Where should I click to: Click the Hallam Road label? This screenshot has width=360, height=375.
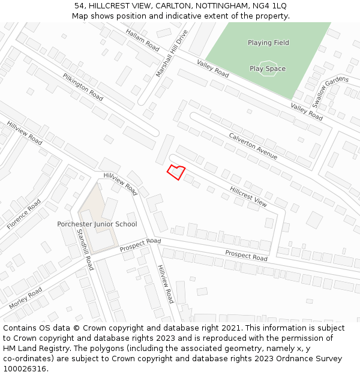tap(143, 40)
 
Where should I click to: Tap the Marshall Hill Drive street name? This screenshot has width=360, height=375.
tap(172, 53)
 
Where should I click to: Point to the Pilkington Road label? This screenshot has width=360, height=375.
tap(83, 87)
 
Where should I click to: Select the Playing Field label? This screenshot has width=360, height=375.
tap(268, 43)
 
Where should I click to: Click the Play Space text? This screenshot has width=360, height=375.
tap(268, 68)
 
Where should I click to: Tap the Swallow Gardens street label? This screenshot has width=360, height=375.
tap(329, 92)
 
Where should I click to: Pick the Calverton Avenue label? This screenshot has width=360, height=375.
tap(253, 146)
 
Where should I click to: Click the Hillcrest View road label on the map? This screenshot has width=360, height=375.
tap(248, 196)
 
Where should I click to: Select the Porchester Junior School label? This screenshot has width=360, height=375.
tap(97, 224)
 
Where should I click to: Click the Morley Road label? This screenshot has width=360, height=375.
tap(25, 298)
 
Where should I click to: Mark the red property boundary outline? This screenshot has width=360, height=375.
tap(176, 172)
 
